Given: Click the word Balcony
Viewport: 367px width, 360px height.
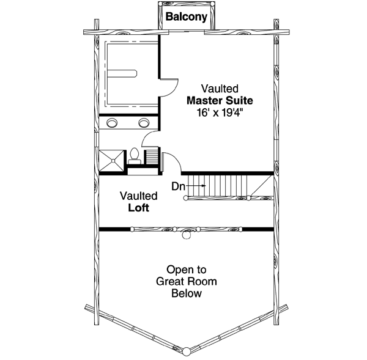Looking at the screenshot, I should (x=187, y=18).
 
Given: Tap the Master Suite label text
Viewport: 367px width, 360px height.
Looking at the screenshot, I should (x=220, y=100).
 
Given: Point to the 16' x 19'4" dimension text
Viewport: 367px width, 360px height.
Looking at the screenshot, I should (x=220, y=112).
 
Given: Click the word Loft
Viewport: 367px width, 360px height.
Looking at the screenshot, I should (x=139, y=208).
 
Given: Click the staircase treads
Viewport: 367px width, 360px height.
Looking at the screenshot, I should (x=220, y=185).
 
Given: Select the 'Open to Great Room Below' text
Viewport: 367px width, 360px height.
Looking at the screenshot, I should (x=187, y=281).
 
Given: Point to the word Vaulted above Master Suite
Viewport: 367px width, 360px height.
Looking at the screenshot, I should (x=220, y=89).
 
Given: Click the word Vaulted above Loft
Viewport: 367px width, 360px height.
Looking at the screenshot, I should (x=139, y=196).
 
